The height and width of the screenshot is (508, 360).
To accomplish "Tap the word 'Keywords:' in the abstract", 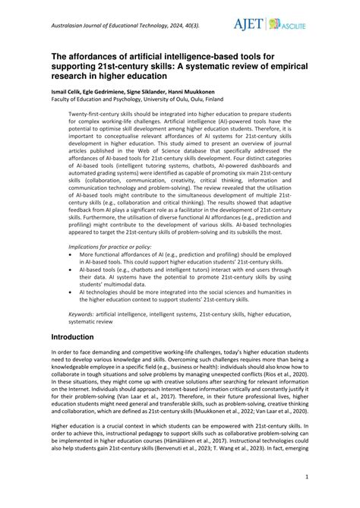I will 84,312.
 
